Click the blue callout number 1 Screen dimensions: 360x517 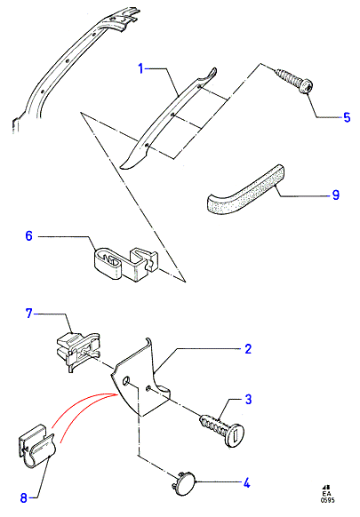coord(141,69)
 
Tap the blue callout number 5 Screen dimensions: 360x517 coord(347,117)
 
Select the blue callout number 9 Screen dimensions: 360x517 coord(336,195)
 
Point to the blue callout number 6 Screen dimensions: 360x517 coord(29,236)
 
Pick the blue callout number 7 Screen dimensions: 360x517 coord(29,314)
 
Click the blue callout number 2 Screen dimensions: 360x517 coord(248,349)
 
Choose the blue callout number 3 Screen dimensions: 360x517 coord(248,399)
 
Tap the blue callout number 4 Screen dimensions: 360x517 coord(246,483)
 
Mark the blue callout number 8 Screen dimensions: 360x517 coord(23,497)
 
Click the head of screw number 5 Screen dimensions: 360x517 coord(306,86)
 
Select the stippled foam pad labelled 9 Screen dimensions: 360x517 coord(246,191)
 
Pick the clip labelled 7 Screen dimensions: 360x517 coord(78,352)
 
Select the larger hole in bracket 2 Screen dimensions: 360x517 coord(126,381)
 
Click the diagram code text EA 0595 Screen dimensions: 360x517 coord(327,494)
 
